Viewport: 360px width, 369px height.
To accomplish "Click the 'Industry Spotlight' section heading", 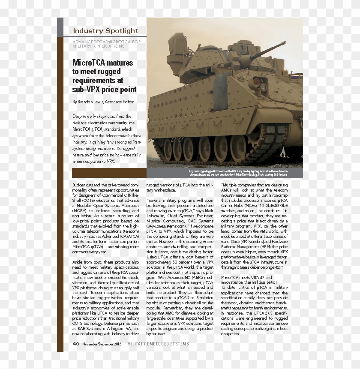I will coord(105,31).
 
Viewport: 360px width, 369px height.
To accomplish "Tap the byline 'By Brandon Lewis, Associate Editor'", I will coord(103,102).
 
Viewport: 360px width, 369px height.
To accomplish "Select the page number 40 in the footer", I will coord(76,344).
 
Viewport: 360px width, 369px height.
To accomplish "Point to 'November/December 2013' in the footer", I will coord(102,344).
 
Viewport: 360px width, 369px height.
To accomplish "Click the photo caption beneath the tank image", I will coord(245,173).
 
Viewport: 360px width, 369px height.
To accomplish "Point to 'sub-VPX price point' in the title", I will coord(105,90).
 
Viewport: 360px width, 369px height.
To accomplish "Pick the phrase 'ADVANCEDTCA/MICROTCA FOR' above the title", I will coord(107,42).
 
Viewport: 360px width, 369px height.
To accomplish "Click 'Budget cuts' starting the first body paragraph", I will coord(81,185).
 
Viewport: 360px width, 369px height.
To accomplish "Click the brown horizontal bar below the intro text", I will coord(109,173).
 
